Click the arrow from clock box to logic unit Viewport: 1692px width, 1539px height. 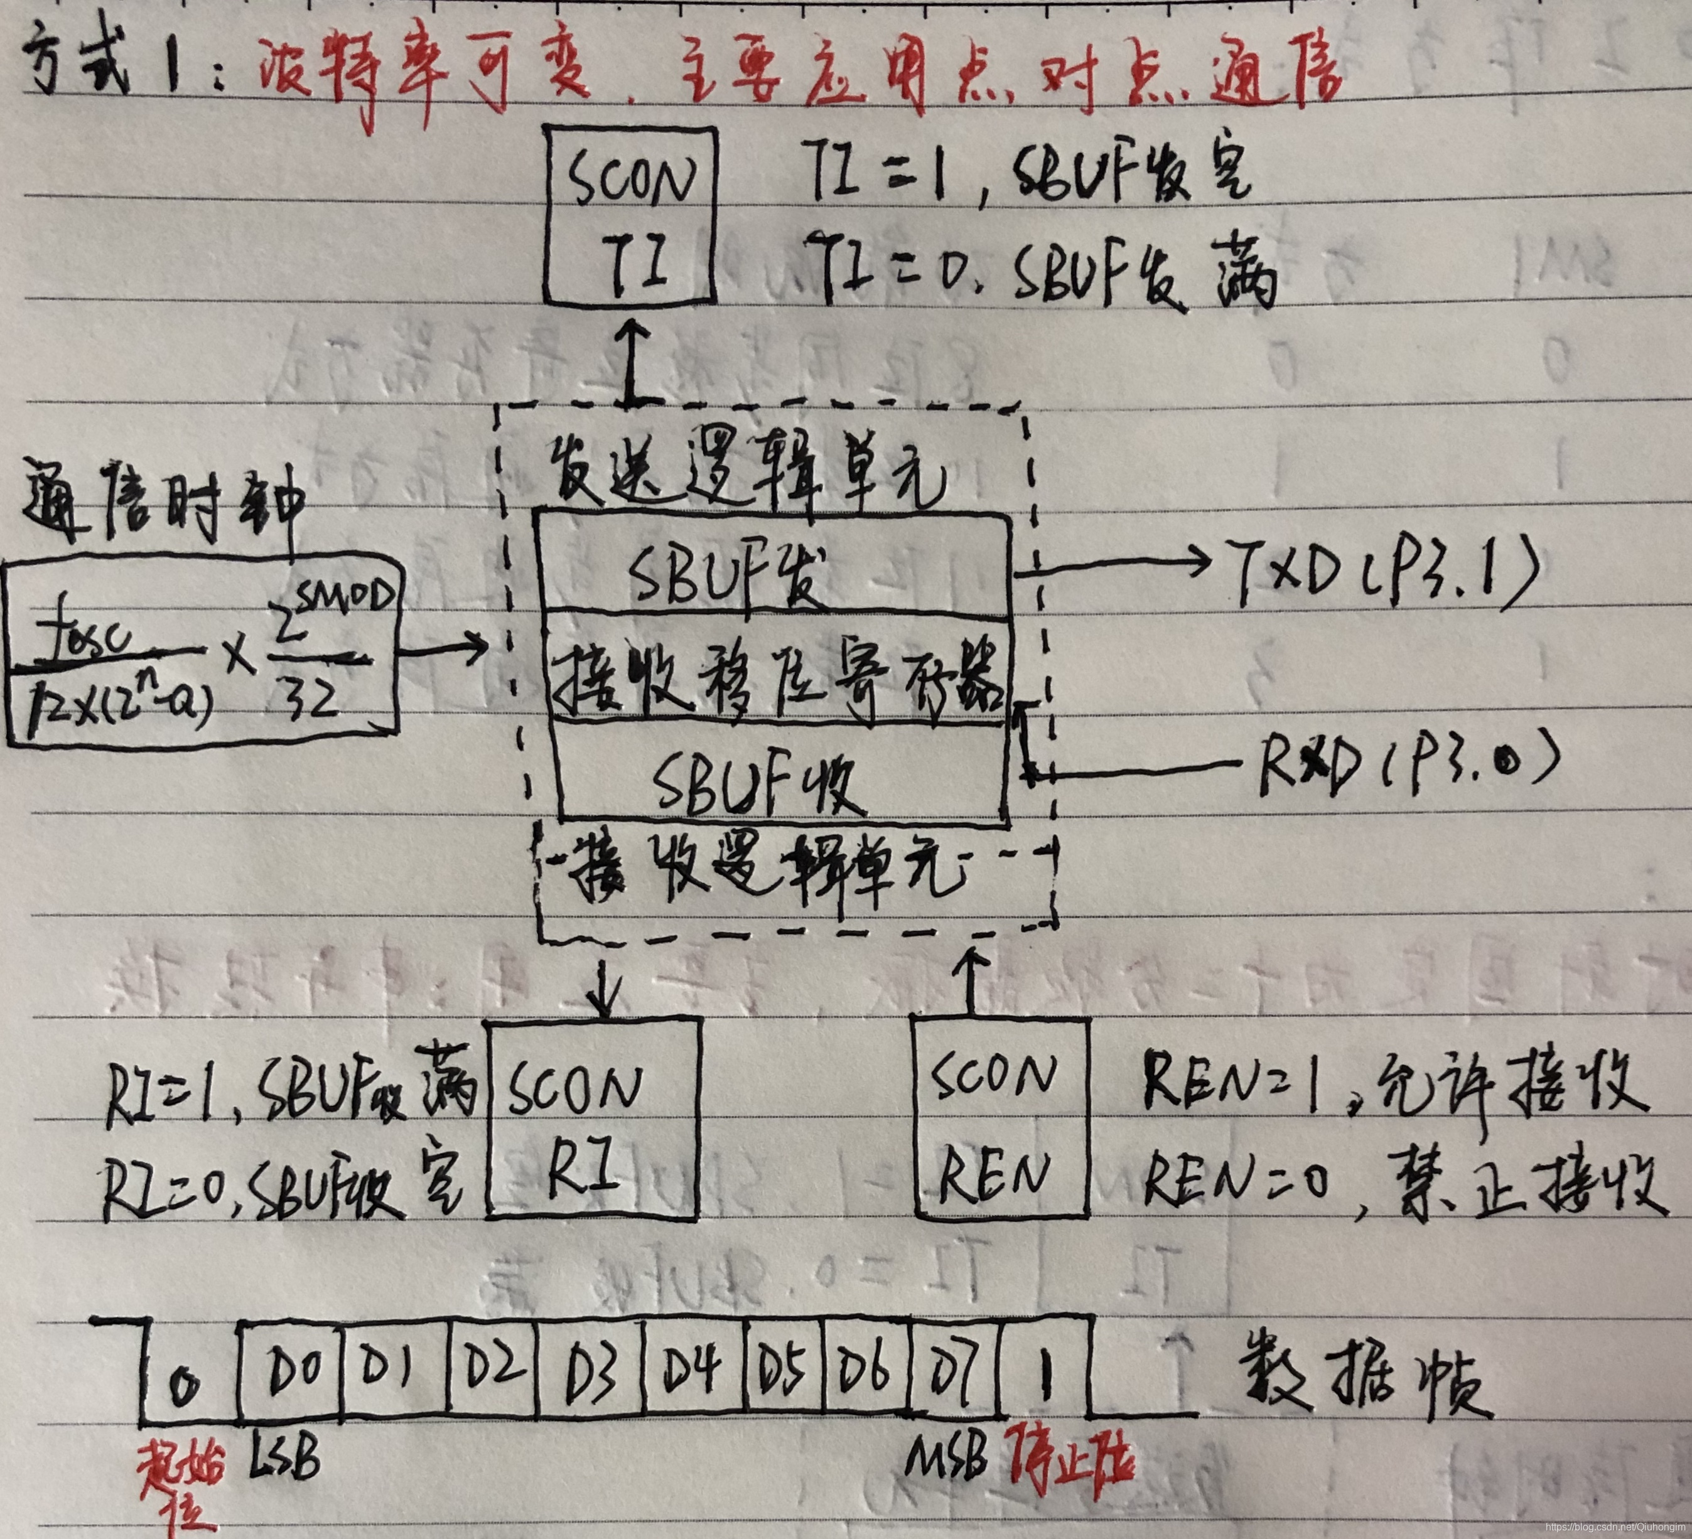[x=445, y=648]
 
